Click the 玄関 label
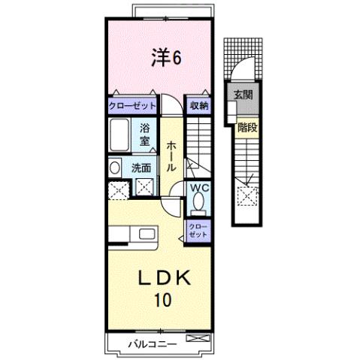point(243,95)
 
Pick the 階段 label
point(247,128)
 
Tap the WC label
point(198,188)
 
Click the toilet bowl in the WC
point(198,203)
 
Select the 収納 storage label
point(198,107)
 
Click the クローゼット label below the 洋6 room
point(132,107)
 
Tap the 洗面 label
point(141,168)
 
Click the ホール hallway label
point(171,155)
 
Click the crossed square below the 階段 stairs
point(245,197)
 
